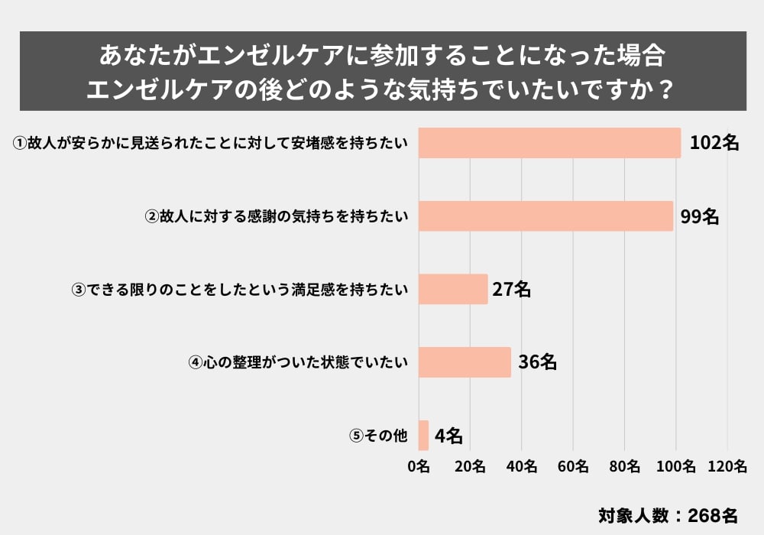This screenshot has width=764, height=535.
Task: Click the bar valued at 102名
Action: (549, 143)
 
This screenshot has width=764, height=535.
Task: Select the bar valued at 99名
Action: (545, 216)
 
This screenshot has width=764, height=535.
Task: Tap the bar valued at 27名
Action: (453, 289)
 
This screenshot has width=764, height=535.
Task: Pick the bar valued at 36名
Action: (465, 362)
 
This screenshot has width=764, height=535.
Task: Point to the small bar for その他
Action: (423, 436)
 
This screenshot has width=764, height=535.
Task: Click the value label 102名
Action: (714, 143)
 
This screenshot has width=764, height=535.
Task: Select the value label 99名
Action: (700, 216)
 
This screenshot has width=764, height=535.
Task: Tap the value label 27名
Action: (512, 289)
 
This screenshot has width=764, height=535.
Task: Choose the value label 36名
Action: (537, 362)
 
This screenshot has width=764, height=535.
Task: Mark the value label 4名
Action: (448, 436)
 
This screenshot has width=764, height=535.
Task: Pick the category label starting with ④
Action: (298, 362)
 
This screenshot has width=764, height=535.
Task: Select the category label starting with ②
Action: (277, 216)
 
